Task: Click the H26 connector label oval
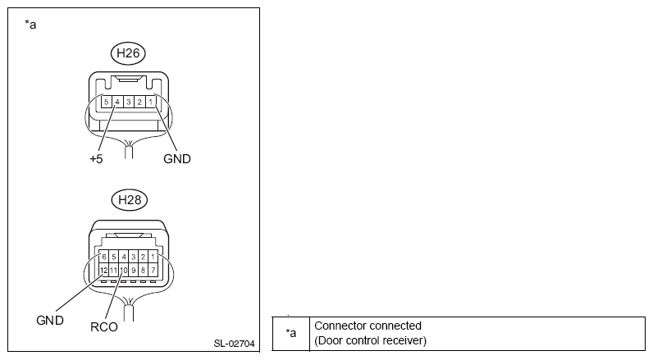(129, 54)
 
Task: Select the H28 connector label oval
(129, 198)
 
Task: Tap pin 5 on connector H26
(107, 102)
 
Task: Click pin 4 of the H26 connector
(117, 102)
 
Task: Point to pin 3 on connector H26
(129, 102)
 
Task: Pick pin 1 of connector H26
(150, 102)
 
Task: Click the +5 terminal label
(96, 159)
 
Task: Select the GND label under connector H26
(176, 159)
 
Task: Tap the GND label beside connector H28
(49, 320)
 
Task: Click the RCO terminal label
(103, 326)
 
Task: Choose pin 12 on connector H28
(103, 269)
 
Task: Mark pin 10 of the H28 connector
(123, 269)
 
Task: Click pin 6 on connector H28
(103, 257)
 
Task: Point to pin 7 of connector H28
(153, 269)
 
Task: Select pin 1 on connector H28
(153, 257)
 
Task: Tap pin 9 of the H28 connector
(133, 269)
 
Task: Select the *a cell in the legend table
(290, 333)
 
